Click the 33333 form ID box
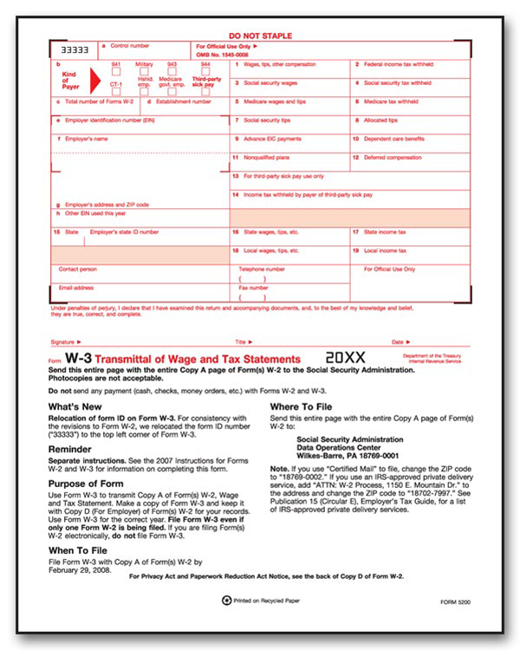tap(73, 50)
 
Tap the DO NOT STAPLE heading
tap(260, 36)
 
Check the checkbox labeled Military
tap(144, 72)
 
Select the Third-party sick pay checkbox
tap(205, 92)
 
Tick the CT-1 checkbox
tap(116, 91)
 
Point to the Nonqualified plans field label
tap(267, 157)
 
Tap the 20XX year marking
tap(345, 357)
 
